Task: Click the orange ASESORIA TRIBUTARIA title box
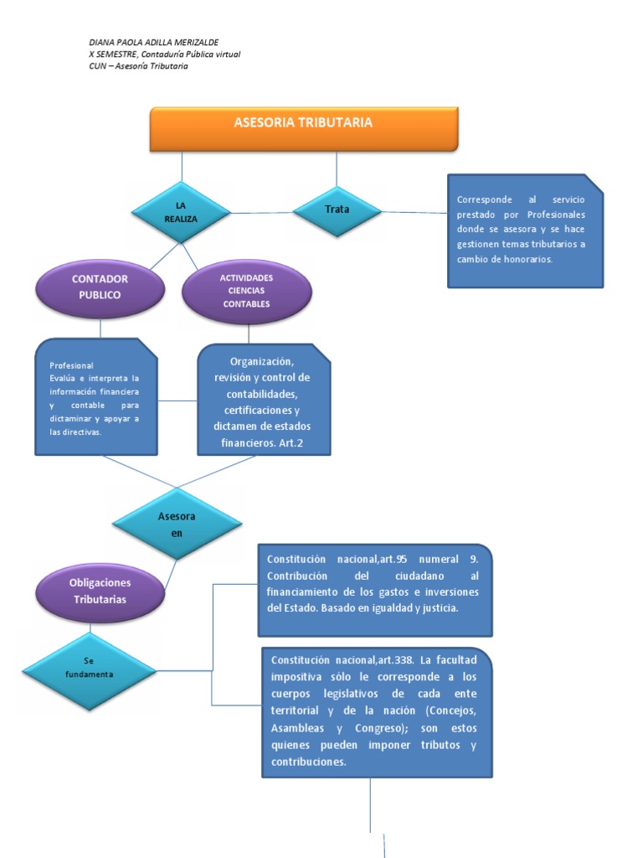[x=303, y=127]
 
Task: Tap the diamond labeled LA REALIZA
[x=180, y=213]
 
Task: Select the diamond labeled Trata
[x=337, y=209]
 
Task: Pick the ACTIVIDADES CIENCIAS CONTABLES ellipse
[x=246, y=291]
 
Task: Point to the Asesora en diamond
[x=177, y=524]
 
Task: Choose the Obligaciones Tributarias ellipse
[x=100, y=590]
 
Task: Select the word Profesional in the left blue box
[x=71, y=366]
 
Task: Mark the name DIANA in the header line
[x=103, y=42]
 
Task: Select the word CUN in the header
[x=97, y=67]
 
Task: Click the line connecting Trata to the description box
[x=414, y=212]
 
